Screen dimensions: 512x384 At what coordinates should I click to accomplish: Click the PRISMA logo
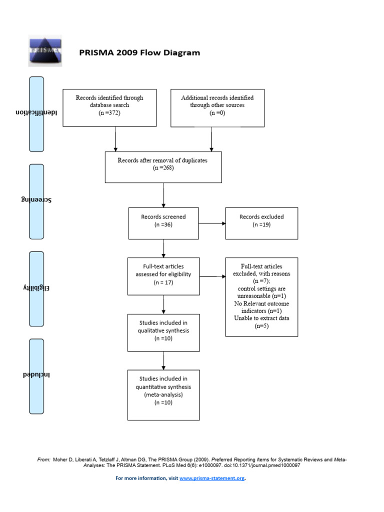(x=44, y=51)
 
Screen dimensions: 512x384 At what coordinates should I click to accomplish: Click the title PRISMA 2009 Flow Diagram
(x=139, y=52)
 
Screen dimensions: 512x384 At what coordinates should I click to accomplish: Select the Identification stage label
(x=36, y=113)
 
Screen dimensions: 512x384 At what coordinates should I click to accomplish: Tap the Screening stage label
(x=36, y=200)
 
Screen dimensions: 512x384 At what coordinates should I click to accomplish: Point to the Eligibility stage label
(x=36, y=288)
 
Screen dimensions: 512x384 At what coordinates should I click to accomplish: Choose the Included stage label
(x=36, y=375)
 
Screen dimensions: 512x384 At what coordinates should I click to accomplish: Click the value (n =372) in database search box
(x=109, y=113)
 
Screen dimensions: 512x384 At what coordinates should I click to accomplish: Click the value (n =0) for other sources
(x=217, y=113)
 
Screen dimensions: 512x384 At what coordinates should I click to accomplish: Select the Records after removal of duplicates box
(x=163, y=167)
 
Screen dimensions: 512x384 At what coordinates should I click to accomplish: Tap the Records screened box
(x=163, y=223)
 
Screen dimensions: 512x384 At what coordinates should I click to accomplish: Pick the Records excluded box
(x=261, y=223)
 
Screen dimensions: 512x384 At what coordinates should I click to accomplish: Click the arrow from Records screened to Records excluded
(x=212, y=223)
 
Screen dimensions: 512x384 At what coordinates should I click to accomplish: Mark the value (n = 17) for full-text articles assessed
(x=163, y=282)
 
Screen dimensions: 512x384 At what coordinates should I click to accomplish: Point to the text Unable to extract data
(x=261, y=318)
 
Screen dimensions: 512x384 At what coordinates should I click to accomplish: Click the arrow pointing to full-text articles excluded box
(x=212, y=276)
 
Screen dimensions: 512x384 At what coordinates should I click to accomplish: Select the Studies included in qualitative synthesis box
(x=163, y=332)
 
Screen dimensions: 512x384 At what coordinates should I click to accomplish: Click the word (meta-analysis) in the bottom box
(x=163, y=394)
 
